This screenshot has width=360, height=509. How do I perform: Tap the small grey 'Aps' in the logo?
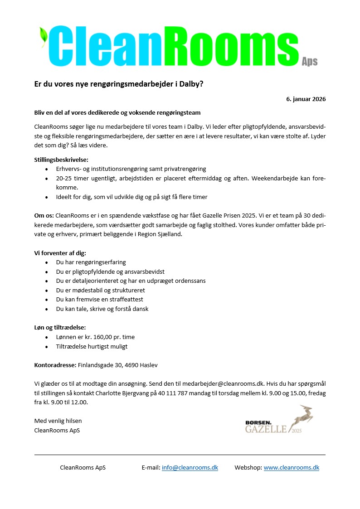tap(310, 62)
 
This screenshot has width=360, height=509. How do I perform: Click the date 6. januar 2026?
tap(306, 99)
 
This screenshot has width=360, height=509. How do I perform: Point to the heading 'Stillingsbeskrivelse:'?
tap(61, 160)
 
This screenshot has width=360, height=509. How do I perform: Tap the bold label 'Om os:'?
tap(44, 216)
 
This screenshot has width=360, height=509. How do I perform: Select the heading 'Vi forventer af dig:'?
tap(60, 253)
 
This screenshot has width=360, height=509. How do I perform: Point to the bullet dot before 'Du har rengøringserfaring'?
tap(47, 262)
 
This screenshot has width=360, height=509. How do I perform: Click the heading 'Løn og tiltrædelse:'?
tap(60, 327)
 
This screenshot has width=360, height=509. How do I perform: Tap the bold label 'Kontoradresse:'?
tap(56, 365)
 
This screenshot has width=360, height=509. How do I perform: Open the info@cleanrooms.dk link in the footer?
tap(190, 467)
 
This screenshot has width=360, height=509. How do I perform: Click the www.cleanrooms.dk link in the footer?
tap(291, 467)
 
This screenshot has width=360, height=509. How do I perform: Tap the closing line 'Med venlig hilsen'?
tap(58, 421)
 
